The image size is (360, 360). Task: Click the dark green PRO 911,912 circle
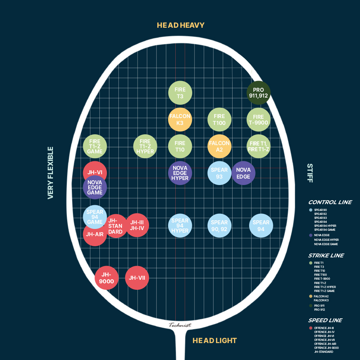pyautogui.click(x=258, y=93)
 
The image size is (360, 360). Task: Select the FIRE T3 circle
pyautogui.click(x=180, y=93)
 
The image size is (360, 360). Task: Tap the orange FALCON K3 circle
pyautogui.click(x=180, y=120)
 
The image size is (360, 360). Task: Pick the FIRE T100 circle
pyautogui.click(x=219, y=120)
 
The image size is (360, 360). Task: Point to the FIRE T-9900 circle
pyautogui.click(x=258, y=120)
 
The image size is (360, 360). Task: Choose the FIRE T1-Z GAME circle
pyautogui.click(x=95, y=146)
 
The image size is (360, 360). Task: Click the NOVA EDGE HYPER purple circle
pyautogui.click(x=180, y=173)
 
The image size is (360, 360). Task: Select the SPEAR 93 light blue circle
pyautogui.click(x=219, y=173)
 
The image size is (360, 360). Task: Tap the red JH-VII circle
pyautogui.click(x=137, y=278)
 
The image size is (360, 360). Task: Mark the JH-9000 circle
pyautogui.click(x=107, y=278)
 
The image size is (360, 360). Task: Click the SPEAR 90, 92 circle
pyautogui.click(x=219, y=225)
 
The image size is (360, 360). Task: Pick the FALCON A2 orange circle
pyautogui.click(x=219, y=146)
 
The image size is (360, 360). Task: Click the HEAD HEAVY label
pyautogui.click(x=181, y=25)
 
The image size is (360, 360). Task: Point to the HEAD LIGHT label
pyautogui.click(x=215, y=341)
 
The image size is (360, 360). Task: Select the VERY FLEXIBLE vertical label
pyautogui.click(x=50, y=173)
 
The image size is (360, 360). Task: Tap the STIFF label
pyautogui.click(x=310, y=173)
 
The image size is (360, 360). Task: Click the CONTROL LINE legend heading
pyautogui.click(x=330, y=202)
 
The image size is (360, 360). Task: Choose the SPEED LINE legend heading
pyautogui.click(x=325, y=320)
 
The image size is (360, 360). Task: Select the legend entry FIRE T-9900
pyautogui.click(x=322, y=279)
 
